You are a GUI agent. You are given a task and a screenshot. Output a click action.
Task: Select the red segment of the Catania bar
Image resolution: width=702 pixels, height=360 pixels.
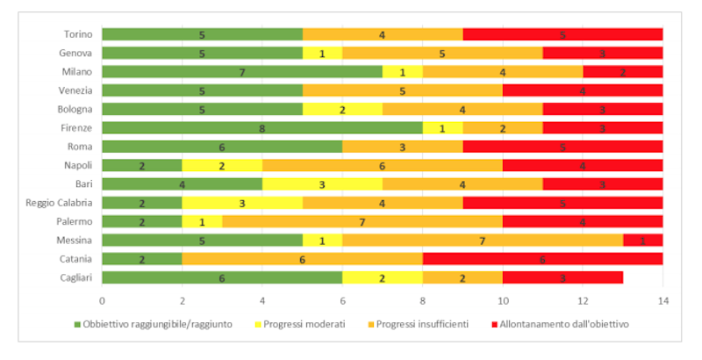pos(542,259)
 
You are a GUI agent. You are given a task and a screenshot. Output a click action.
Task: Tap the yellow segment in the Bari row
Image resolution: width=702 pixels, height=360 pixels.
pos(322,184)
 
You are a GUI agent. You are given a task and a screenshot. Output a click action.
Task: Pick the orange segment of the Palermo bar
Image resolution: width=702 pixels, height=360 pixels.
pos(362,221)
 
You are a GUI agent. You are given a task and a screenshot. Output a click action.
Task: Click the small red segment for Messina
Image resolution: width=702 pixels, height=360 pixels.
pos(643,240)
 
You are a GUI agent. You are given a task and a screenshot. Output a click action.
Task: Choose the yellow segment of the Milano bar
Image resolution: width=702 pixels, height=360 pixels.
pos(402,72)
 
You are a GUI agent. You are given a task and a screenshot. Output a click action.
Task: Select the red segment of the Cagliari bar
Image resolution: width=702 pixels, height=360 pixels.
pos(562,277)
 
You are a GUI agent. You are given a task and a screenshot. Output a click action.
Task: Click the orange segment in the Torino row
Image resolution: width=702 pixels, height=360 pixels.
pos(383,34)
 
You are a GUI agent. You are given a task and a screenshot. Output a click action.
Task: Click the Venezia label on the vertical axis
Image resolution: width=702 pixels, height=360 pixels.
pos(73,90)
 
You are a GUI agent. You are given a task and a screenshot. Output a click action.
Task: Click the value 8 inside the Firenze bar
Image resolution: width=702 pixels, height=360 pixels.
pos(262,128)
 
